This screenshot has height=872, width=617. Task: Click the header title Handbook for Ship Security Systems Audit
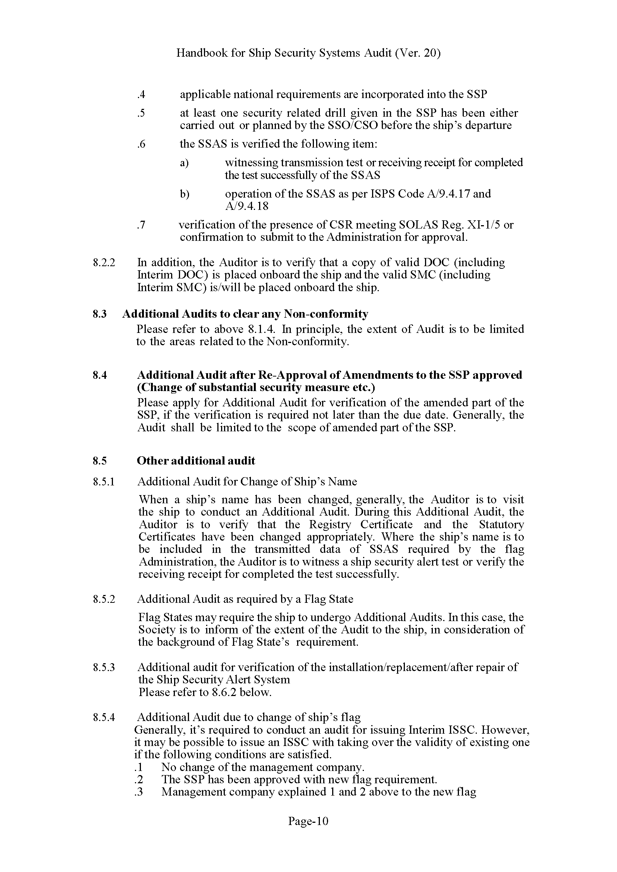click(x=308, y=53)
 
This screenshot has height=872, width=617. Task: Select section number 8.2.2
click(x=104, y=262)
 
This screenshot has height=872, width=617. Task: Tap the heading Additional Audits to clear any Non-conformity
click(x=245, y=314)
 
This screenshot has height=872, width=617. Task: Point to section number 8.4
click(x=100, y=375)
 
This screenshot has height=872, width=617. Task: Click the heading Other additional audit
click(x=196, y=461)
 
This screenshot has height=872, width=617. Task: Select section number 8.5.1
click(x=104, y=482)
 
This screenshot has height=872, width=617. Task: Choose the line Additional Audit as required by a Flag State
click(x=245, y=599)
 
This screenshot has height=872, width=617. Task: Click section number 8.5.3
click(x=104, y=667)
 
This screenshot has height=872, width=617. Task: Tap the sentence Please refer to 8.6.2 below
click(x=205, y=692)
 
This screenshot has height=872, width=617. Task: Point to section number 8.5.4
click(x=104, y=717)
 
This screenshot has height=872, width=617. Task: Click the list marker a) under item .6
click(x=184, y=163)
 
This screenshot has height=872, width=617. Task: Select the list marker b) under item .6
click(x=185, y=194)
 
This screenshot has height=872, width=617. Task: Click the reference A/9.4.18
click(x=247, y=206)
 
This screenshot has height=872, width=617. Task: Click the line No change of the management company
click(x=262, y=767)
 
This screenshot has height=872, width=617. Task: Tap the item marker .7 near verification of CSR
click(x=141, y=225)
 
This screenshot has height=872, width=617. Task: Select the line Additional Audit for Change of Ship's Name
click(x=247, y=482)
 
